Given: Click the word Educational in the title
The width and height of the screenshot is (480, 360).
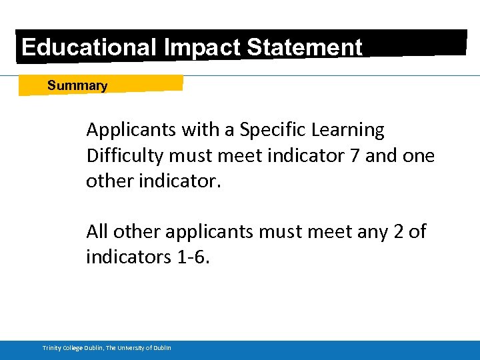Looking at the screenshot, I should pyautogui.click(x=87, y=47).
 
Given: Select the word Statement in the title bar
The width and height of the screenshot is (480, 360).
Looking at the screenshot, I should pyautogui.click(x=305, y=47).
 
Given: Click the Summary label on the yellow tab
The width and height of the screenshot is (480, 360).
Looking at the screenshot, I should pyautogui.click(x=77, y=85).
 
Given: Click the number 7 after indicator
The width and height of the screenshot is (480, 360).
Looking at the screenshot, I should pyautogui.click(x=355, y=155).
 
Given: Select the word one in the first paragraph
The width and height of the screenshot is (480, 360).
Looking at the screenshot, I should pyautogui.click(x=419, y=155).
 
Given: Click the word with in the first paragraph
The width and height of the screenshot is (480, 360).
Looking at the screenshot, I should pyautogui.click(x=198, y=129).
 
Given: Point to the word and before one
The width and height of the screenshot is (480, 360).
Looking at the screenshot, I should pyautogui.click(x=383, y=155).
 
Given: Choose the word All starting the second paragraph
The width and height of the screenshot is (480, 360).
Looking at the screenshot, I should pyautogui.click(x=97, y=232).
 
